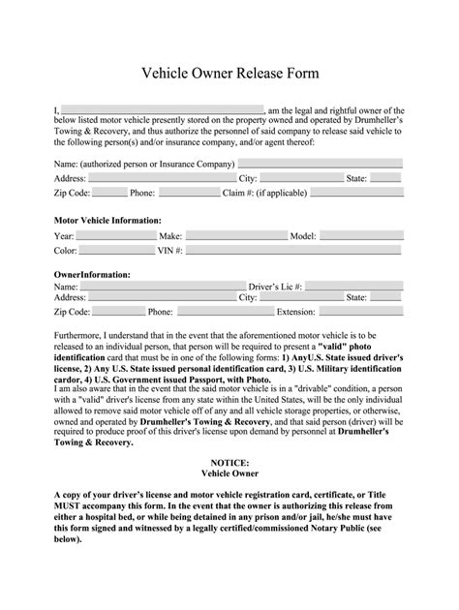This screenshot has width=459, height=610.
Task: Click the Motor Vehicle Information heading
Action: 107,221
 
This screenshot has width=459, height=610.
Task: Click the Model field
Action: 362,235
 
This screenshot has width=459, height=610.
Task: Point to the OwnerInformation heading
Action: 92,275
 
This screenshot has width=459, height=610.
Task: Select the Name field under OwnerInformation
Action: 163,288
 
